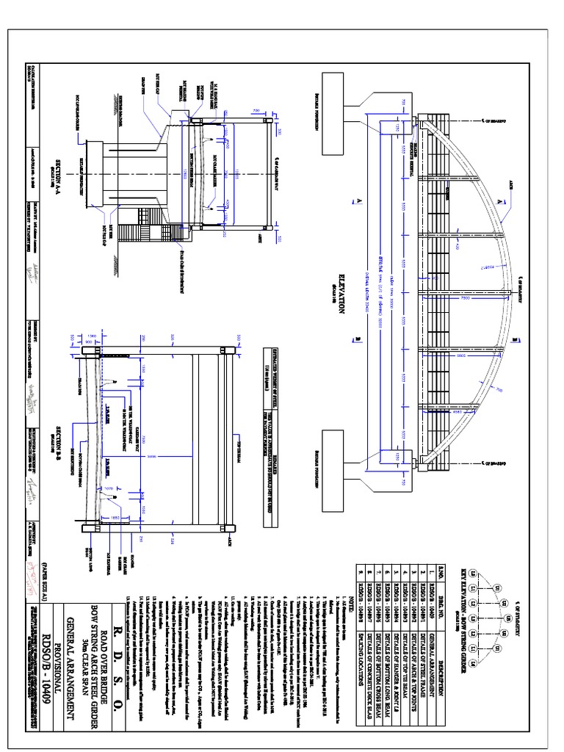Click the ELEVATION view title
(x=340, y=290)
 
